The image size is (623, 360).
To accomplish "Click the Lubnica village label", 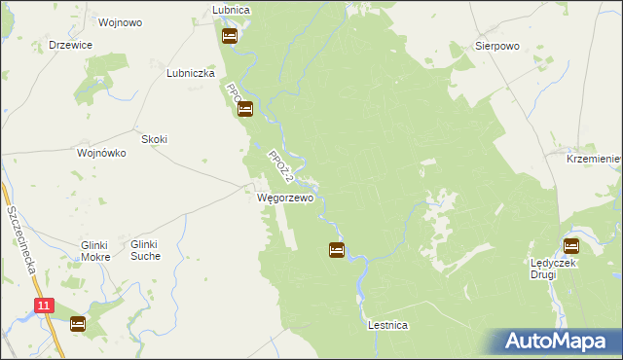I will click(231, 10).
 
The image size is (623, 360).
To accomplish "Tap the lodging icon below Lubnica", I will click(230, 37).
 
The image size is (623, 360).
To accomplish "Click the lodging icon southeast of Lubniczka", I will click(244, 109).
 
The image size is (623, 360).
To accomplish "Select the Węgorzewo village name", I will click(285, 198).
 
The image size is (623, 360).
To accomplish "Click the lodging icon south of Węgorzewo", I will click(336, 250).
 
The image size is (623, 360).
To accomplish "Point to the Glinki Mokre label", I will click(95, 251).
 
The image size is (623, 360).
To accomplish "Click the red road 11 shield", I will click(44, 306).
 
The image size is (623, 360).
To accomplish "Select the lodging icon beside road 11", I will click(78, 323).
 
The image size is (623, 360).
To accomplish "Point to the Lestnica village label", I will click(387, 326).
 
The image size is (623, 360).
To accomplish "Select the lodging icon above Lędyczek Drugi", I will click(571, 246).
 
